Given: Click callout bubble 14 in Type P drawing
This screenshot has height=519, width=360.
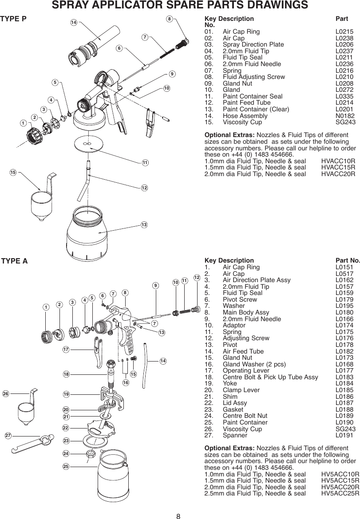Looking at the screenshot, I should pyautogui.click(x=74, y=23).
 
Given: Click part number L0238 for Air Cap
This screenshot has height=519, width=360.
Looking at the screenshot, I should pyautogui.click(x=344, y=39).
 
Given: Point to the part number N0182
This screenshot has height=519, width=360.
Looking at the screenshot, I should pyautogui.click(x=344, y=115).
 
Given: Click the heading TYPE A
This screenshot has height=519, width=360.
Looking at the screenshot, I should pyautogui.click(x=15, y=261).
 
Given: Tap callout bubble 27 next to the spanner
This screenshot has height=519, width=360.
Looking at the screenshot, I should pyautogui.click(x=8, y=435).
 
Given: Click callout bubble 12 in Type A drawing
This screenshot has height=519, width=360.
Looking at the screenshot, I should pyautogui.click(x=197, y=277).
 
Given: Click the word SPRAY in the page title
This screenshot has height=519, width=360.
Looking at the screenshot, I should pyautogui.click(x=69, y=5).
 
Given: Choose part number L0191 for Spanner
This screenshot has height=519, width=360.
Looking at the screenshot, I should pyautogui.click(x=344, y=435).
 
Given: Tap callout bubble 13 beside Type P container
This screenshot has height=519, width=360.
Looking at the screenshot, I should pyautogui.click(x=144, y=225).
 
